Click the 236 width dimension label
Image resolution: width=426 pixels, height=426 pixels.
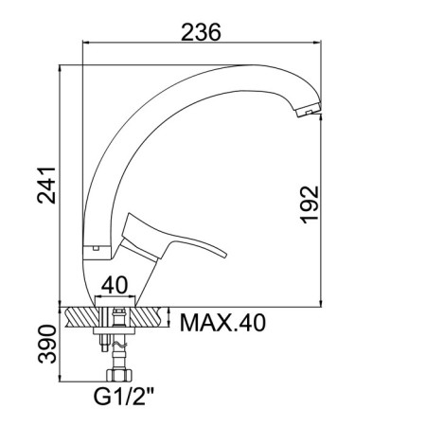point(201,32)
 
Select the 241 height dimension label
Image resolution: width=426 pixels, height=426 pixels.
point(46,186)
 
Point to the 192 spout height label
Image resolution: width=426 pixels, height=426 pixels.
point(310,204)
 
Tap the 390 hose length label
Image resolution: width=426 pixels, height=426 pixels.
point(47,344)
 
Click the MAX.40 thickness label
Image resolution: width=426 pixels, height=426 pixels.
point(222,323)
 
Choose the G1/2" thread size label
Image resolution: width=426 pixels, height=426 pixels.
point(123,396)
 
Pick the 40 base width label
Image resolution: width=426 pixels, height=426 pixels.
point(115,285)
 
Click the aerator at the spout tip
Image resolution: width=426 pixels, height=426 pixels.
point(309,110)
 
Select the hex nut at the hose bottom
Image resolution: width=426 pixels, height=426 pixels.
point(119,375)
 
